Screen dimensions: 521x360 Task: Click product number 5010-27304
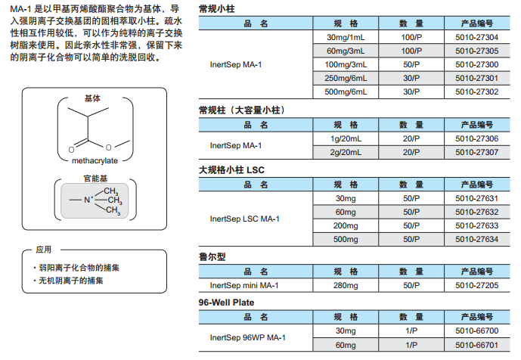[477, 37]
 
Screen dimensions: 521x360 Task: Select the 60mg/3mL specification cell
[346, 51]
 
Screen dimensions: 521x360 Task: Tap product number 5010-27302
[477, 92]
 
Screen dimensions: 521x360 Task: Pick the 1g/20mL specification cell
[346, 138]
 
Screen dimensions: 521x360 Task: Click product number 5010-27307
[477, 152]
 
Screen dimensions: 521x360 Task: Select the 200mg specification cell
[346, 225]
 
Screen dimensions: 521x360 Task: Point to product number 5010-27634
[477, 239]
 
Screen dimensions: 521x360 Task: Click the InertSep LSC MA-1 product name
[244, 219]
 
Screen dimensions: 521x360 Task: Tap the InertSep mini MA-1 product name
[244, 285]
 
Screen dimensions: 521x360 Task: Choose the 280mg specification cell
[346, 285]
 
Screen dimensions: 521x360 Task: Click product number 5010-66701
[477, 345]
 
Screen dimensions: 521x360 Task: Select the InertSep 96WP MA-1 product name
[247, 337]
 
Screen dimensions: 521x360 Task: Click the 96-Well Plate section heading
[226, 303]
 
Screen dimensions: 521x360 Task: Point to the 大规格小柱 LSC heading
[231, 170]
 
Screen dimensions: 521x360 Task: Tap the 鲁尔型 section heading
[212, 256]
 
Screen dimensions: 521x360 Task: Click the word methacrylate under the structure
[95, 160]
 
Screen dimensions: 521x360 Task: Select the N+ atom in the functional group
[88, 200]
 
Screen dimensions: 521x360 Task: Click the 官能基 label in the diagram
[95, 178]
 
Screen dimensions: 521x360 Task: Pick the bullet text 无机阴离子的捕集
[71, 281]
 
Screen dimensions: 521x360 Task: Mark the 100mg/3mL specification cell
[346, 64]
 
